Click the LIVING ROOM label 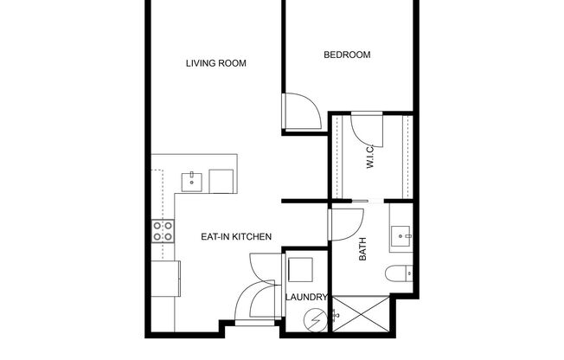(216, 63)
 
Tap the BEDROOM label (347, 55)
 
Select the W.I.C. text (369, 156)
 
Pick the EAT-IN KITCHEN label (237, 236)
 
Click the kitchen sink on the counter (191, 180)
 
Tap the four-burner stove (162, 231)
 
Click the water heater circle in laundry (316, 320)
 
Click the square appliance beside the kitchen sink (221, 180)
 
